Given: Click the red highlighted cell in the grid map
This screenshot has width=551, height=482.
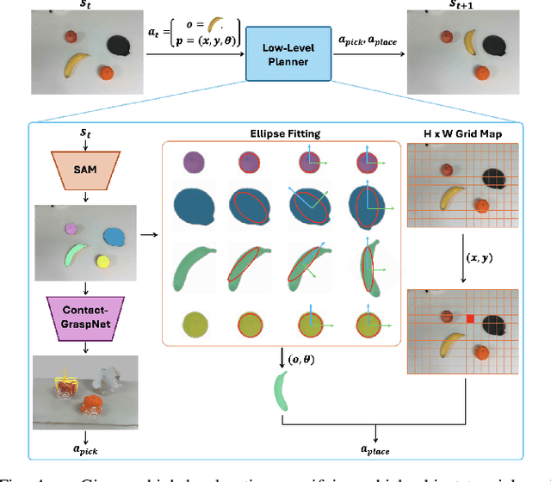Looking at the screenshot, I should [x=470, y=319].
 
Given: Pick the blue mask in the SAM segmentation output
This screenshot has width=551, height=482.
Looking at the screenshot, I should [x=113, y=235].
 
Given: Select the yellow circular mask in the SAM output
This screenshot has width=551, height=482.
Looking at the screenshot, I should [x=104, y=261].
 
